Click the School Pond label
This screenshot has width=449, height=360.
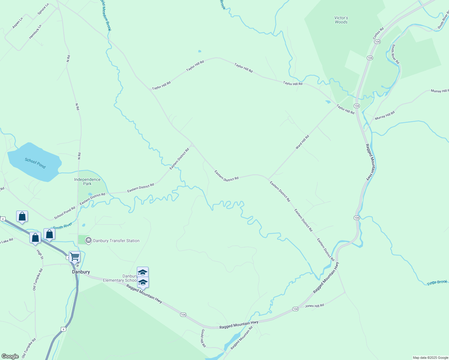tap(35, 163)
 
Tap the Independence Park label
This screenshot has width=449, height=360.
tap(87, 181)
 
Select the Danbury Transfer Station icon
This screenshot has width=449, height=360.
tap(88, 240)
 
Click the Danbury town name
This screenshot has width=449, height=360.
tap(81, 272)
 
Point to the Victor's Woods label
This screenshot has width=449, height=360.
tap(341, 20)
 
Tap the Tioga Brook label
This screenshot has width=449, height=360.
tap(437, 282)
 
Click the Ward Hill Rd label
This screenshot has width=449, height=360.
tap(302, 142)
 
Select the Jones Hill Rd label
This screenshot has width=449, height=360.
tap(315, 306)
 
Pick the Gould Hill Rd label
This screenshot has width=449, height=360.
tap(203, 338)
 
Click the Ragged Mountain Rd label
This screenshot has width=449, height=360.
tap(242, 337)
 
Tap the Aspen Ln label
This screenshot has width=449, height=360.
tap(17, 23)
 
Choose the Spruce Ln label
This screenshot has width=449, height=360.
tap(43, 9)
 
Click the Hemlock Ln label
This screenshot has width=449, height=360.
tap(35, 31)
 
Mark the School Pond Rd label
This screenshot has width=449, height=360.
tap(65, 213)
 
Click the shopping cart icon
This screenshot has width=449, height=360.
tap(75, 257)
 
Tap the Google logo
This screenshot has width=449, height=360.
tap(10, 356)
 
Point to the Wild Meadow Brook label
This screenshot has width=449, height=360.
tap(106, 15)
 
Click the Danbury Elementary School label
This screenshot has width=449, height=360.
tap(120, 278)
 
